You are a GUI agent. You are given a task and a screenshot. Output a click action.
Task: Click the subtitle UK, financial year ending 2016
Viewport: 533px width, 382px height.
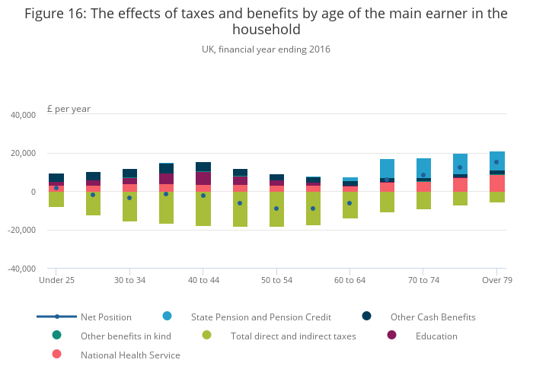[x=266, y=49]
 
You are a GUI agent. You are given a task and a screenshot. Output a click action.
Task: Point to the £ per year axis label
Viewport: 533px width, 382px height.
[x=69, y=109]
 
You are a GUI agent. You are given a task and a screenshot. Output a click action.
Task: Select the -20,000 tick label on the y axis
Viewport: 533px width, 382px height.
[x=21, y=230]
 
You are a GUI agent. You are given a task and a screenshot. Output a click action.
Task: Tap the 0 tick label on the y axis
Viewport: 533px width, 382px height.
[x=34, y=192]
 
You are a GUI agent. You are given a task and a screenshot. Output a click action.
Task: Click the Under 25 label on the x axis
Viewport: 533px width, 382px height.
[x=56, y=280]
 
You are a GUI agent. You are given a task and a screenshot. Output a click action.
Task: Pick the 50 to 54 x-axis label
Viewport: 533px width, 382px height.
[x=276, y=280]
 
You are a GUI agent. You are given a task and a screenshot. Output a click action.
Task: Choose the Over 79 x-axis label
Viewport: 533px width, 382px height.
[x=496, y=280]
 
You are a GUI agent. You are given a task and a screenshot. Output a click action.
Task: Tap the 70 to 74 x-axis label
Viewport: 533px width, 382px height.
[x=423, y=280]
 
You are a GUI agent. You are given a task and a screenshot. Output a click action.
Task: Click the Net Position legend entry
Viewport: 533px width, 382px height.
[x=106, y=317]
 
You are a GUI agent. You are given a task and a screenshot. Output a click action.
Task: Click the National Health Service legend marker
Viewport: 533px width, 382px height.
[x=57, y=354]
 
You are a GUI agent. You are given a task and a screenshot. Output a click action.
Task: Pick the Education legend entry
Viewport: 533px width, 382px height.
[x=437, y=336]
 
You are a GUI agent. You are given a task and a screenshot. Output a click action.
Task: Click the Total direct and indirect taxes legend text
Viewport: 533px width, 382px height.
[x=293, y=336]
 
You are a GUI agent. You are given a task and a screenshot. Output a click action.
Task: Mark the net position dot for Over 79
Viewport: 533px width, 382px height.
[x=496, y=162]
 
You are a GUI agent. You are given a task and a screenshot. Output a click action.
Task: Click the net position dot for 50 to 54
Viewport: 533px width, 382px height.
[x=276, y=209]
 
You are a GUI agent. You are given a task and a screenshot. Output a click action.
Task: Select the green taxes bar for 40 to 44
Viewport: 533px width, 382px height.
[x=203, y=209]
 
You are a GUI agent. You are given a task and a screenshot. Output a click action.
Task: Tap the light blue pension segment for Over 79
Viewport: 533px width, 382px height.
[x=496, y=161]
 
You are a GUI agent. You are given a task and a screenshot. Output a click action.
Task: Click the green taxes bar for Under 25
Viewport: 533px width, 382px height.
[x=56, y=199]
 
